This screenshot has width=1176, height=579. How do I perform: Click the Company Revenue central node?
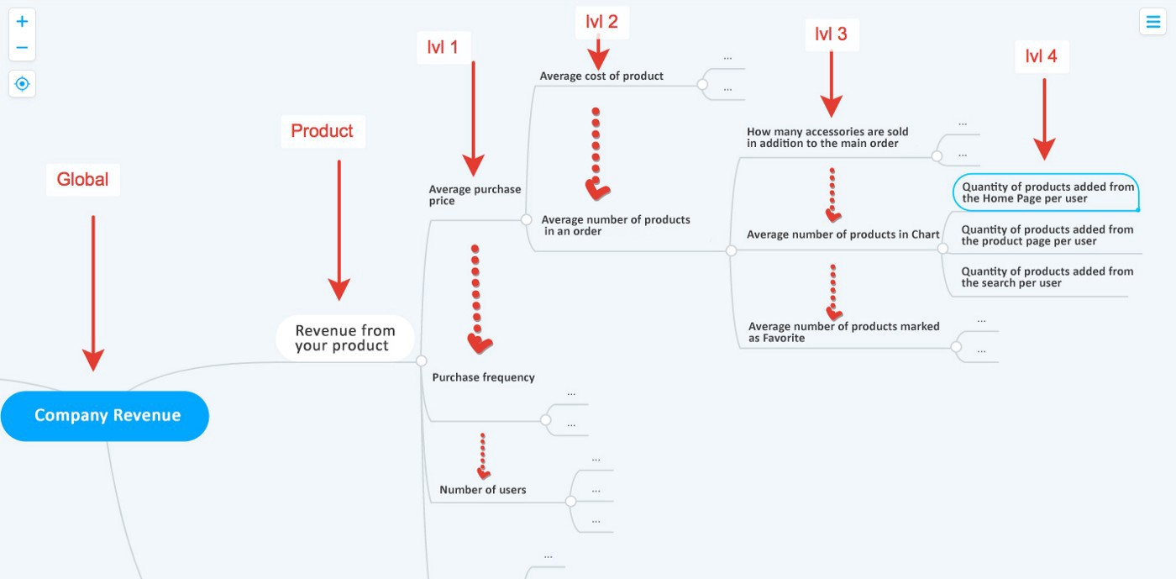(106, 415)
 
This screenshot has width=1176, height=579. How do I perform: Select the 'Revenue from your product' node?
(344, 338)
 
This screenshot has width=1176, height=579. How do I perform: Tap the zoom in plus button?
(22, 21)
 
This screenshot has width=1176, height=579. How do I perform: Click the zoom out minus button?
(22, 47)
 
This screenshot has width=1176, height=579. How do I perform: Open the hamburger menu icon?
(1152, 21)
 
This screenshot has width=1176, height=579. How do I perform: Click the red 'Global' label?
(82, 179)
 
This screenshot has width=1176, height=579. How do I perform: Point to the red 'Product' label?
(322, 131)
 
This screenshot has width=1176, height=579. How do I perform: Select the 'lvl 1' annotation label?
(443, 47)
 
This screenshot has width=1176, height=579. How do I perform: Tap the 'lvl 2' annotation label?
(601, 22)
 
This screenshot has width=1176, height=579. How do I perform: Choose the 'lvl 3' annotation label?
(831, 34)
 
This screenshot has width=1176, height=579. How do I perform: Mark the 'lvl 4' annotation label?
(1041, 56)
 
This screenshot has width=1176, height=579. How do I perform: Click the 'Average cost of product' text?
(601, 76)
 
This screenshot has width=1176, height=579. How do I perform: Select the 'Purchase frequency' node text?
(483, 377)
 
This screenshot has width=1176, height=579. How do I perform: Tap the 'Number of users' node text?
(483, 490)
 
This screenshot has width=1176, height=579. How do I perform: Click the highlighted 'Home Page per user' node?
(1047, 192)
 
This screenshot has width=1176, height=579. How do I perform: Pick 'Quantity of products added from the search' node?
(1047, 276)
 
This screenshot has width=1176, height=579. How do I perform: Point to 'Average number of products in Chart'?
(843, 234)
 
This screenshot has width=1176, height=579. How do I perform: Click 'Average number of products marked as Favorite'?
(843, 332)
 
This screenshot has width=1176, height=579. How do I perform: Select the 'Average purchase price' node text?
(475, 195)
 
